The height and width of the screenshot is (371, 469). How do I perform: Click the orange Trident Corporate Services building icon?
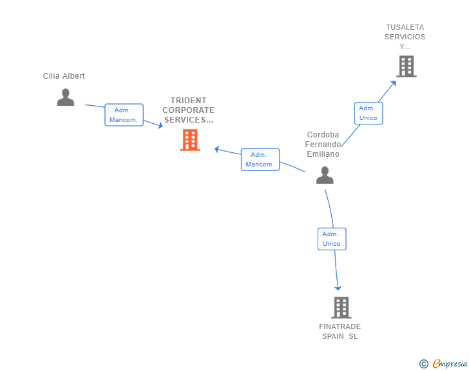(x=189, y=140)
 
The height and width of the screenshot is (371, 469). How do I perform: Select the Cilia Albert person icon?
(x=65, y=97)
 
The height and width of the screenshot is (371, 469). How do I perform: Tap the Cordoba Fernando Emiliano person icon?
(x=325, y=175)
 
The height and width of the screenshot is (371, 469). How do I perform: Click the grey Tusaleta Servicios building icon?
(x=406, y=66)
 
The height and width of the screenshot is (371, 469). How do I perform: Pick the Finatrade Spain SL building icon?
(x=341, y=308)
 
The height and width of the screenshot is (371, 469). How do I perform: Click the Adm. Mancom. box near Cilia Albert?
(x=124, y=115)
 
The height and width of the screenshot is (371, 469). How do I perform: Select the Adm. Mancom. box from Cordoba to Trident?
(x=260, y=159)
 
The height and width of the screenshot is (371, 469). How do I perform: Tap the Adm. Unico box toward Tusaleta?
(x=368, y=113)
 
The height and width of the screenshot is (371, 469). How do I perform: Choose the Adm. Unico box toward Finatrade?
(x=331, y=239)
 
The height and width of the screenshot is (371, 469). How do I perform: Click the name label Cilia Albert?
(x=64, y=76)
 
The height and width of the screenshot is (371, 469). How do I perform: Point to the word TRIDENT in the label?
(x=189, y=101)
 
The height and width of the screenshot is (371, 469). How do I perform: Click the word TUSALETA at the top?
(x=405, y=27)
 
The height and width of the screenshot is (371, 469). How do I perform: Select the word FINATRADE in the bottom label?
(x=340, y=326)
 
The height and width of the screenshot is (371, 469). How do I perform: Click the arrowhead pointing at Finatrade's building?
(x=338, y=288)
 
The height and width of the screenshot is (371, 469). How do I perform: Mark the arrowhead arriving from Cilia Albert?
(x=160, y=126)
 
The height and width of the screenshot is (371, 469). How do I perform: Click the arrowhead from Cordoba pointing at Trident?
(x=217, y=149)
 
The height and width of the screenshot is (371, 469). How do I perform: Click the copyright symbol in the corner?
(x=423, y=364)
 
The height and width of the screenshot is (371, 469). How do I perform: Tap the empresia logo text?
(x=450, y=364)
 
